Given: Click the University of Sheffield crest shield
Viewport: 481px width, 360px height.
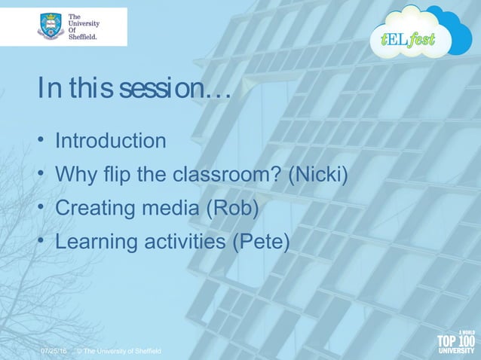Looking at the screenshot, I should pos(51,26).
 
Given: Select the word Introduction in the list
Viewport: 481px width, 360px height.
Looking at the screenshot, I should pos(111,141).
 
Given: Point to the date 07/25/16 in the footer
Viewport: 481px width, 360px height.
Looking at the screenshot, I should pos(53,352).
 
